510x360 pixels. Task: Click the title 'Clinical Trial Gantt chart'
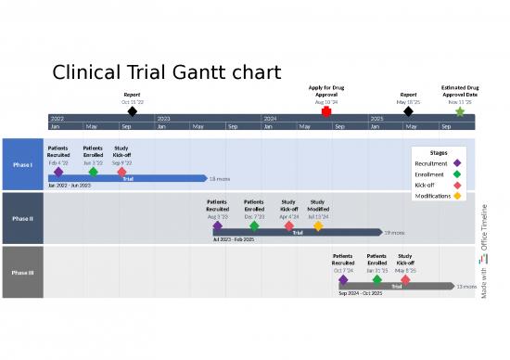pos(167,72)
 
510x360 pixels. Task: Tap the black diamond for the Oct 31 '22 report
pos(133,111)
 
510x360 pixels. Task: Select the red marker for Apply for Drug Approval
pos(326,111)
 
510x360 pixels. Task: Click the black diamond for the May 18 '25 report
pos(408,111)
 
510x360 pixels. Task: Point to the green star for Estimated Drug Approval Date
pos(460,111)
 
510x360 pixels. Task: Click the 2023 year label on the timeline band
pos(164,119)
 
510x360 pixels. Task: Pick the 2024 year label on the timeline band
pos(271,119)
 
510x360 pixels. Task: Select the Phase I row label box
pos(22,165)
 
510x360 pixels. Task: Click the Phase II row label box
pos(22,219)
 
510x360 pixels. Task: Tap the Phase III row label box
pos(22,273)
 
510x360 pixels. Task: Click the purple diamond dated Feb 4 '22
pos(58,172)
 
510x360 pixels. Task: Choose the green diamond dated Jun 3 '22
pos(93,172)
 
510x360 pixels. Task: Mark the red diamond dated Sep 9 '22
pos(121,172)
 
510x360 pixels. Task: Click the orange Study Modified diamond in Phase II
pos(318,225)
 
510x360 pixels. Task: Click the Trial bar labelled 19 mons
pos(297,232)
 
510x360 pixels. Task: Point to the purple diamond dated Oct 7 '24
pos(343,279)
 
